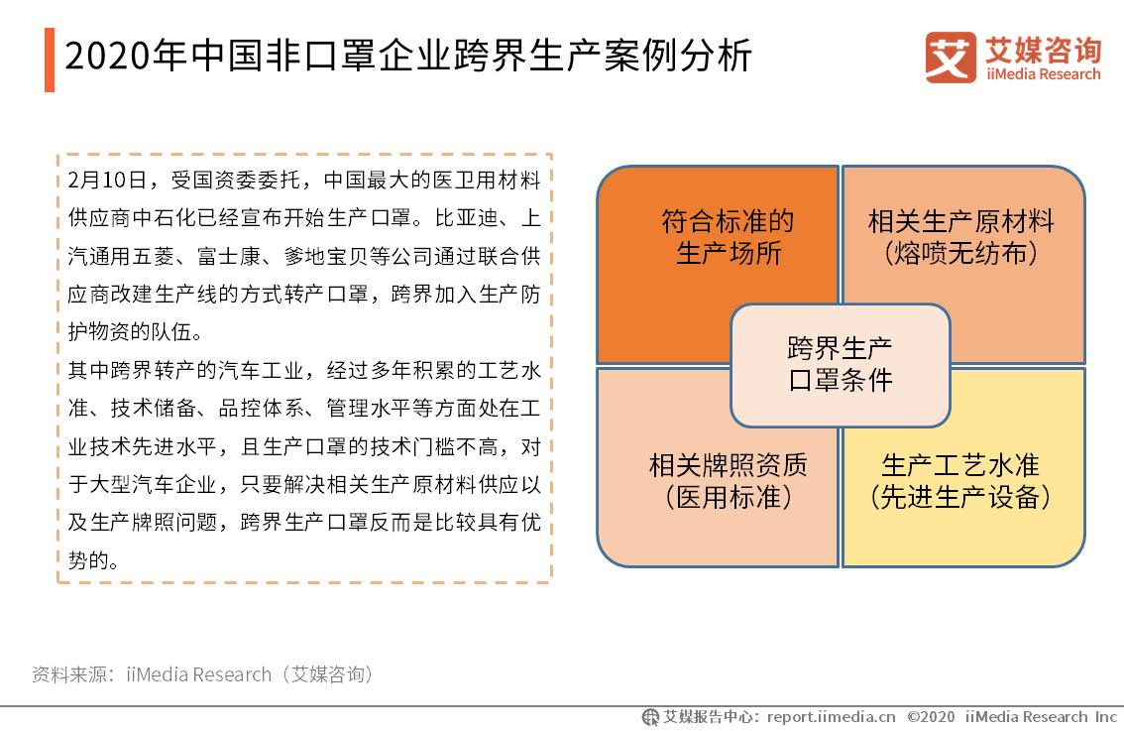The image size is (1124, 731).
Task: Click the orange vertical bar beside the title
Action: point(50,60)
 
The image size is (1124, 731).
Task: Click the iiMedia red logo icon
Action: point(951,58)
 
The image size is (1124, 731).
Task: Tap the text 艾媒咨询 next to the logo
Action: point(1042,49)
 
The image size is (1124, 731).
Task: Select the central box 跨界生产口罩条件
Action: point(840,364)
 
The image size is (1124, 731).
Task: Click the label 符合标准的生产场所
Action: point(728,236)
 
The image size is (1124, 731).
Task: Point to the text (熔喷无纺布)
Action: point(959,253)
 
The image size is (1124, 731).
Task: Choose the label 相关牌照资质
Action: point(728,464)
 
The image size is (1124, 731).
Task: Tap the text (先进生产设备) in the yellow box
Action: point(959,496)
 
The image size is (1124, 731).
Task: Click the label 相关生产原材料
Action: point(959,220)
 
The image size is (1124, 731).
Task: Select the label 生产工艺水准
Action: point(959,464)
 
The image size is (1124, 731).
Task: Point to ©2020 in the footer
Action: point(930,717)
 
